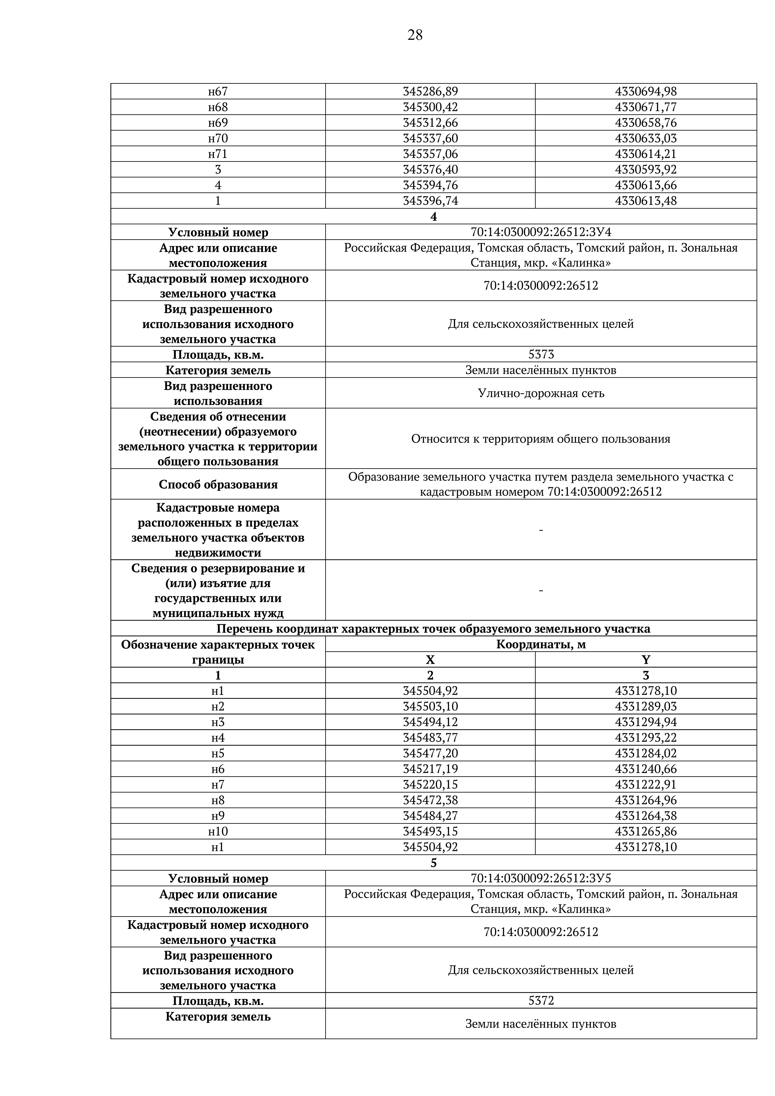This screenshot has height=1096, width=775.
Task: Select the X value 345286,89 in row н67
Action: click(430, 91)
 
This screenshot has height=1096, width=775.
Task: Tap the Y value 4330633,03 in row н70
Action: click(646, 138)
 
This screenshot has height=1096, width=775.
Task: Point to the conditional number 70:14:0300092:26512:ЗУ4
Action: click(541, 232)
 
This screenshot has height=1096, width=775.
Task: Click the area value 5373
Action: click(541, 354)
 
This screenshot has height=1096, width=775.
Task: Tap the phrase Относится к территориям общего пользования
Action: click(541, 439)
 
